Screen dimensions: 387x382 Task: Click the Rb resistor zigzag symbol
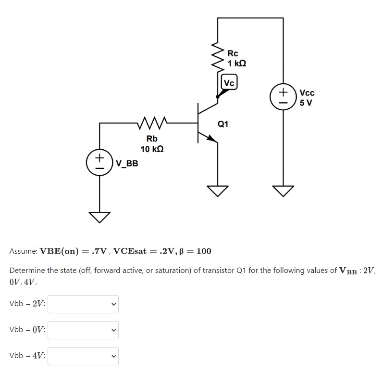click(152, 124)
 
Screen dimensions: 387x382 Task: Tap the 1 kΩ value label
click(237, 64)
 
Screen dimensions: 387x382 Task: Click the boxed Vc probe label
click(229, 83)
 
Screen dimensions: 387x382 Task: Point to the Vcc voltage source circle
click(282, 97)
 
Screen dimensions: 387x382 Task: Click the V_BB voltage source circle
click(99, 162)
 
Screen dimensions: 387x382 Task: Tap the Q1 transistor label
click(223, 124)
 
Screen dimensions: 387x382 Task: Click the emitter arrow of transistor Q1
click(211, 138)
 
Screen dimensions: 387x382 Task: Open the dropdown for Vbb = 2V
click(83, 304)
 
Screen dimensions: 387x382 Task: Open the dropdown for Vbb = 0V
click(83, 330)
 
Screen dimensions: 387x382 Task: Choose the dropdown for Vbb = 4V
click(83, 356)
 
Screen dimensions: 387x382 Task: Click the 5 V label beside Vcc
click(306, 102)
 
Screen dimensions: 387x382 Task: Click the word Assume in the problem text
click(23, 251)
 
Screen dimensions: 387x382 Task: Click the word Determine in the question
click(26, 271)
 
